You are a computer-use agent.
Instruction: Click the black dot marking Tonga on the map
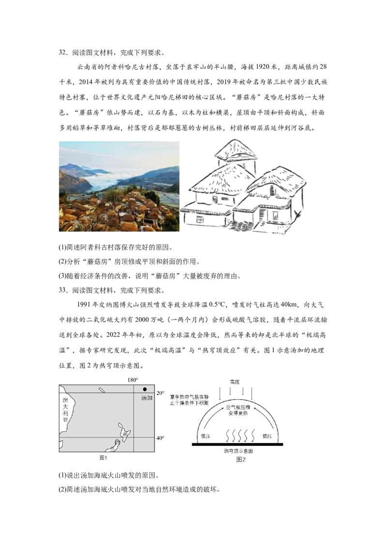pos(145,389)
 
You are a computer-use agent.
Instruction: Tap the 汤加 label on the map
pos(147,398)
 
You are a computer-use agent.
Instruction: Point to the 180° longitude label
pos(133,380)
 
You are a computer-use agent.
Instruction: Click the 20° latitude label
pos(160,393)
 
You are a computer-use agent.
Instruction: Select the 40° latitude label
pos(160,438)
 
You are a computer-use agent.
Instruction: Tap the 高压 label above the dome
pos(235,382)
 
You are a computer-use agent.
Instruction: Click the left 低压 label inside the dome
pos(206,436)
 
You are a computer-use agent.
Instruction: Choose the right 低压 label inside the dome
pos(267,436)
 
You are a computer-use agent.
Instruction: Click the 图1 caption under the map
pos(103,458)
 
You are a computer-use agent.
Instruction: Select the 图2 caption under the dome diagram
pos(241,459)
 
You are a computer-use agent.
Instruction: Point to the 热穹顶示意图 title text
pos(238,451)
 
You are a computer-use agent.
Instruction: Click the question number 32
pos(62,53)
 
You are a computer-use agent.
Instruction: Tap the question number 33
pos(62,290)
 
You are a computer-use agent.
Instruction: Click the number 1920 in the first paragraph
pos(266,67)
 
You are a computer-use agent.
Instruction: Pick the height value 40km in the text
pos(289,304)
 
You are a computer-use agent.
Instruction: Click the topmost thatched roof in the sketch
pos(235,151)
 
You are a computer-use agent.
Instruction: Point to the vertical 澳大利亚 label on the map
pos(65,410)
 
